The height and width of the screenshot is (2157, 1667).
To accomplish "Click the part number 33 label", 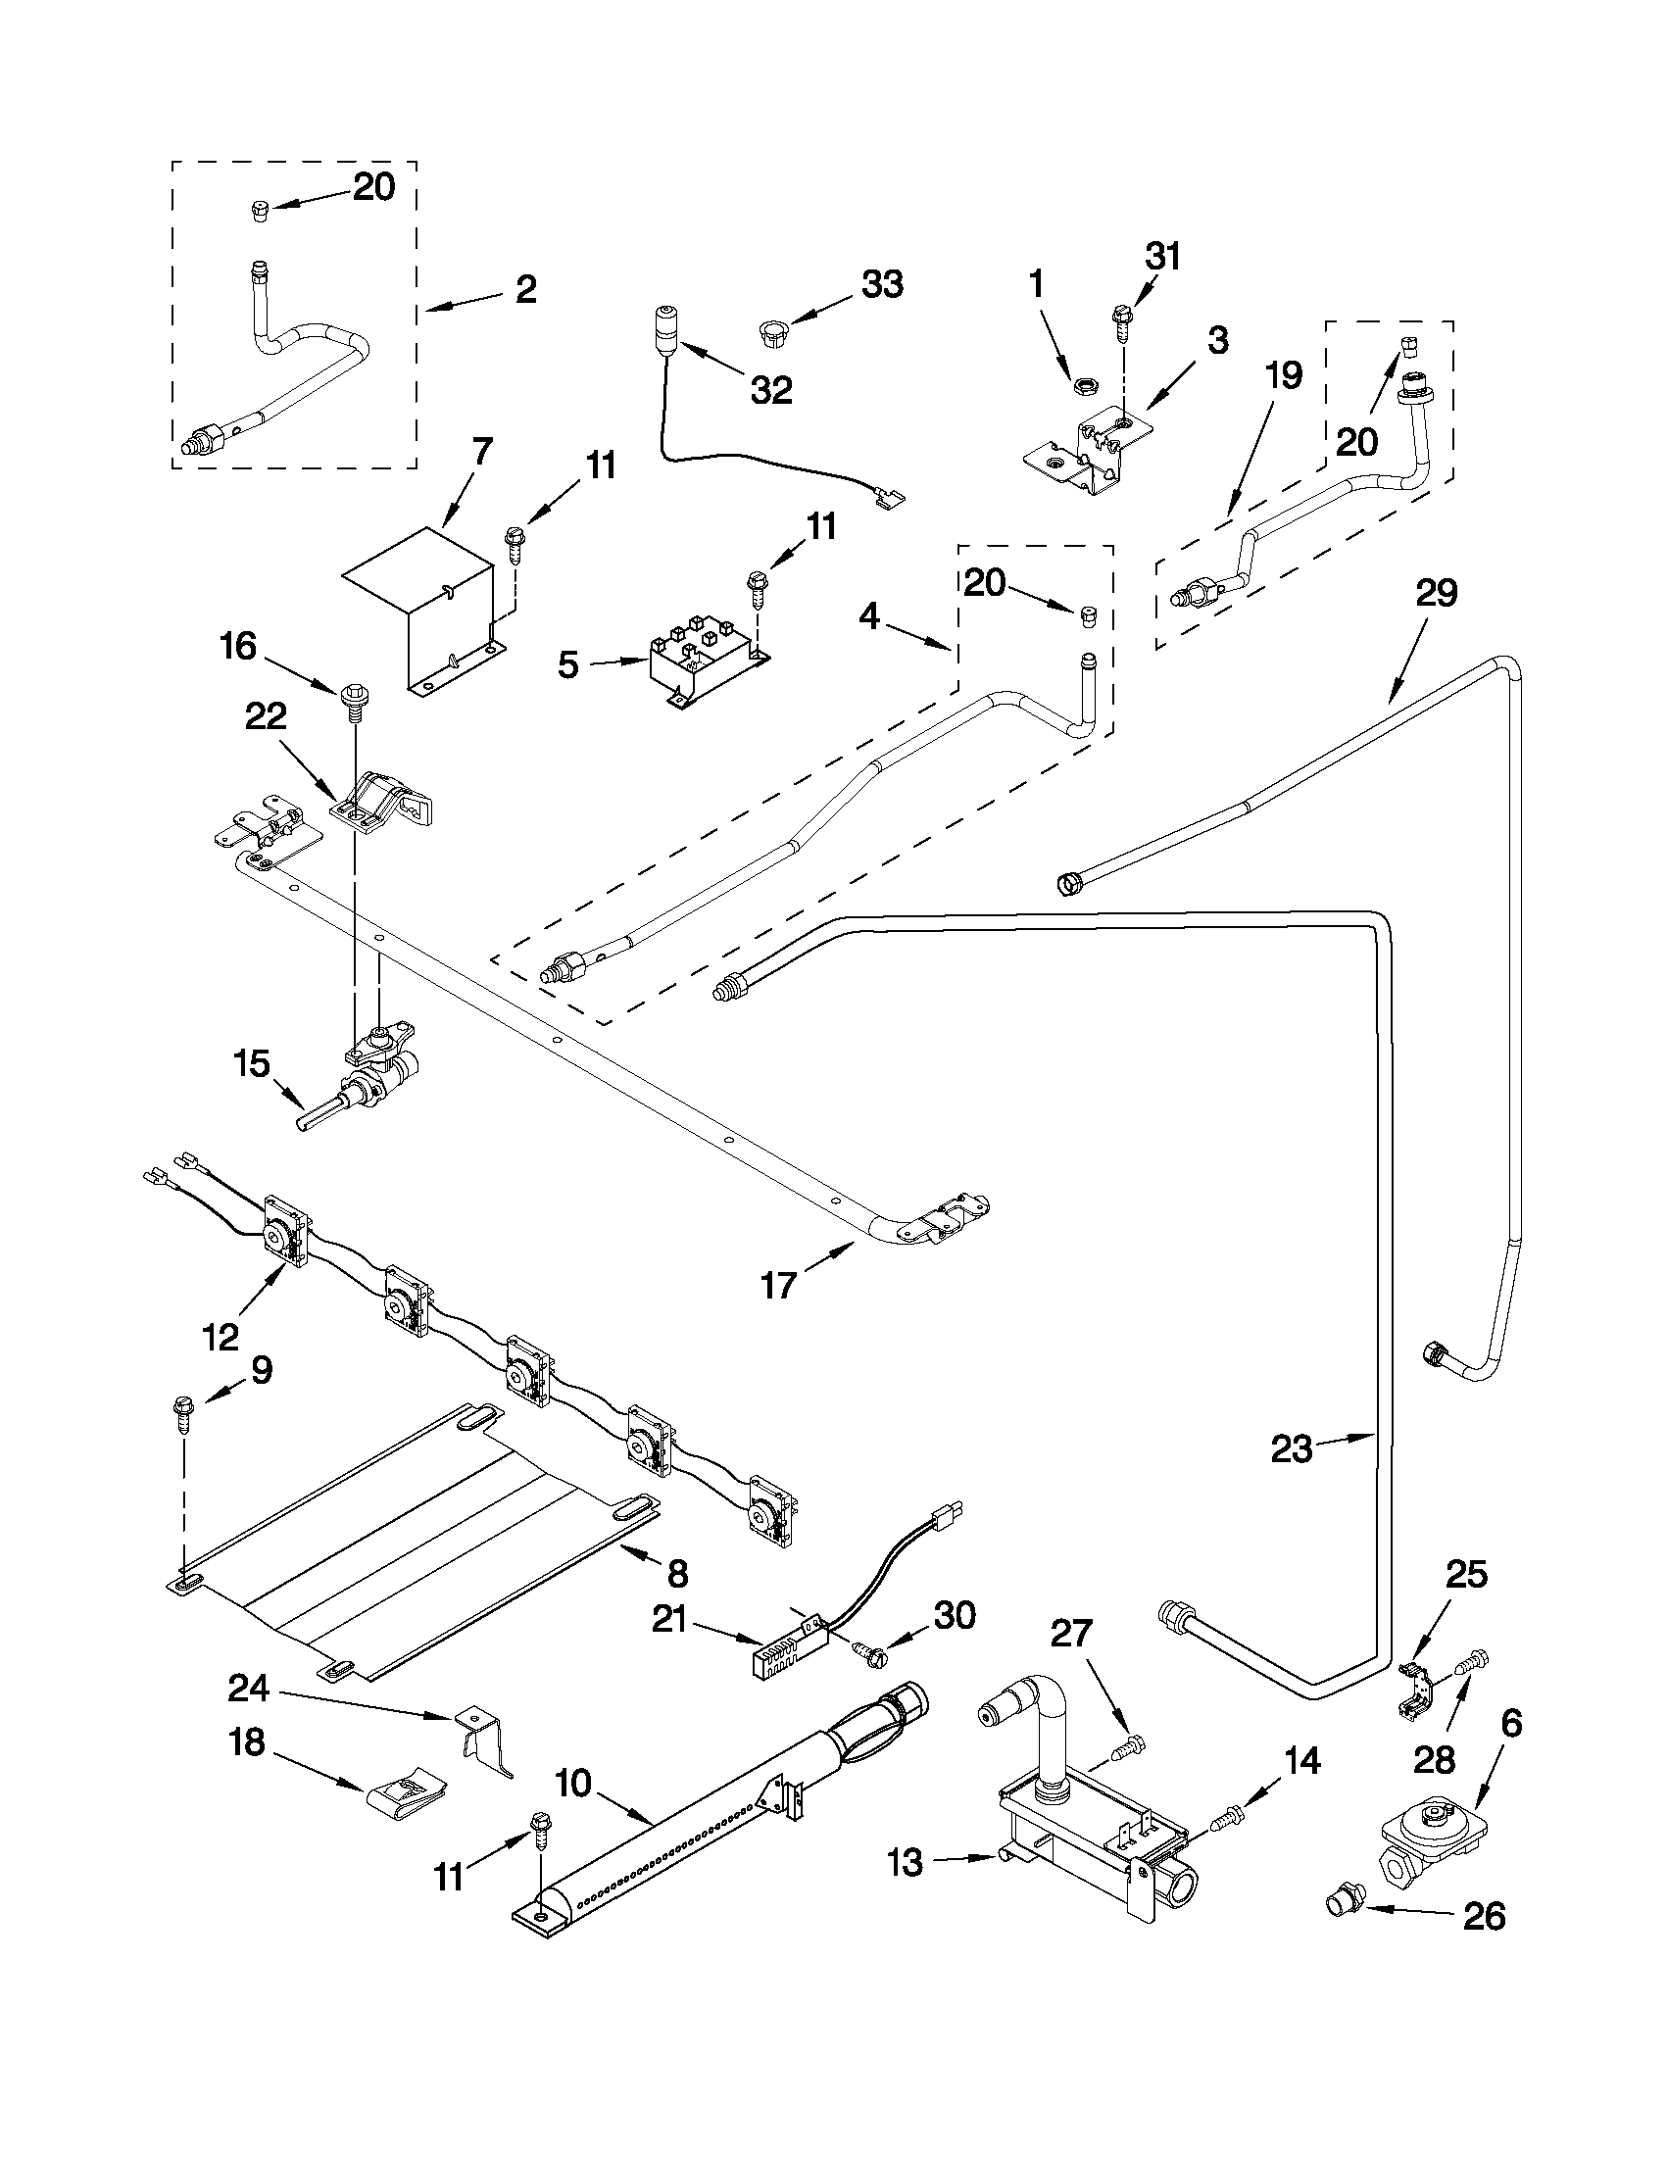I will [881, 284].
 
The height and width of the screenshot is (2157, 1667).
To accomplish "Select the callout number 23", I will [1292, 1449].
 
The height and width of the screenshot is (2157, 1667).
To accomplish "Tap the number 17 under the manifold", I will [778, 1285].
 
